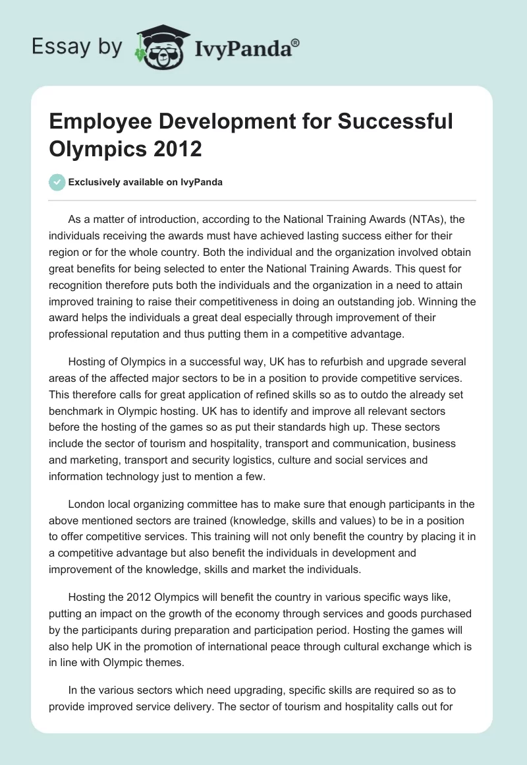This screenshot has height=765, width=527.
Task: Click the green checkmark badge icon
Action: click(x=57, y=182)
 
